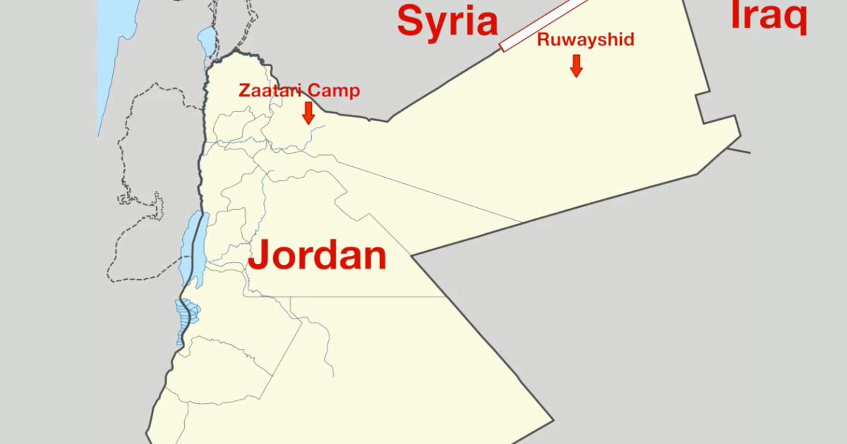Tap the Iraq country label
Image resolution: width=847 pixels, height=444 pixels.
(x=768, y=16)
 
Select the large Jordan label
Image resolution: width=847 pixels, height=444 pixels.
(x=318, y=254)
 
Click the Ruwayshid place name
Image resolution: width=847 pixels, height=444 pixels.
(x=585, y=39)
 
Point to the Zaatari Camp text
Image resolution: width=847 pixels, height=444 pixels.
(x=299, y=91)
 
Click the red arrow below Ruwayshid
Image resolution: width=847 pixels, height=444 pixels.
(x=576, y=65)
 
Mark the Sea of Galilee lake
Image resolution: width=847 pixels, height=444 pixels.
(x=206, y=36)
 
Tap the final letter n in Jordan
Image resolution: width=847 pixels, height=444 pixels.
(x=374, y=257)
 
